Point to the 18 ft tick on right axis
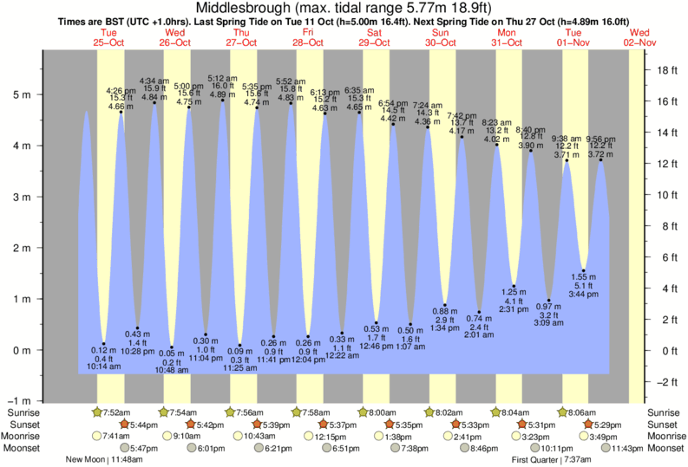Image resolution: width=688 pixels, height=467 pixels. click(666, 69)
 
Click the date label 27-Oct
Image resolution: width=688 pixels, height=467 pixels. click(241, 42)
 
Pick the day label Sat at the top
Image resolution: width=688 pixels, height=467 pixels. click(375, 32)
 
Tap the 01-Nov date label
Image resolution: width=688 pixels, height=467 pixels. click(573, 42)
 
